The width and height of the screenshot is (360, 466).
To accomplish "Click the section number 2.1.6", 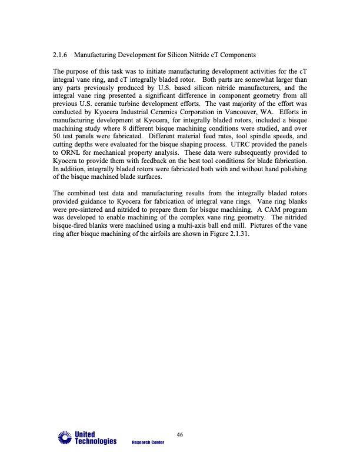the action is [x=61, y=55].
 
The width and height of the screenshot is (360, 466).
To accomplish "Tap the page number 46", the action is [x=180, y=434].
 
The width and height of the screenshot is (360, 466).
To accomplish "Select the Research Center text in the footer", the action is [x=148, y=442].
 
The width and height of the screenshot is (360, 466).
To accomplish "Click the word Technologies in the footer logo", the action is [x=95, y=441].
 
